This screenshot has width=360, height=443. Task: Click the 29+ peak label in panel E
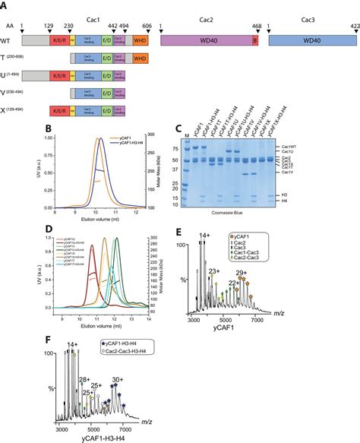[x=305, y=293]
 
